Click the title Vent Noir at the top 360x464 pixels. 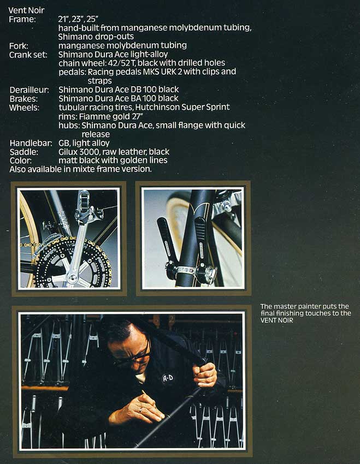pyautogui.click(x=27, y=10)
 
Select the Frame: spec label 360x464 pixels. pyautogui.click(x=22, y=19)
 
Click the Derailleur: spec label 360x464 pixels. pyautogui.click(x=29, y=90)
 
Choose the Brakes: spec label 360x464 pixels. pyautogui.click(x=23, y=98)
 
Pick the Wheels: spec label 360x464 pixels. pyautogui.click(x=24, y=108)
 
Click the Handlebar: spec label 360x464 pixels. pyautogui.click(x=29, y=143)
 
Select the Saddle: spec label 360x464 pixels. pyautogui.click(x=23, y=152)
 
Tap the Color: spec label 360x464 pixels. pyautogui.click(x=21, y=160)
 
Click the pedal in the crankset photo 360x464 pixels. pyautogui.click(x=84, y=202)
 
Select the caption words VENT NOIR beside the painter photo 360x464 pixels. pyautogui.click(x=278, y=320)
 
